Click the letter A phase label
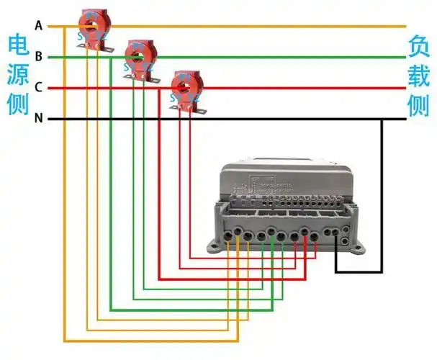click(38, 27)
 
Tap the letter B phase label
click(38, 57)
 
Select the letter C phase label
click(38, 88)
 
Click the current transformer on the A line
click(94, 27)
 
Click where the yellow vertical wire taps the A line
click(65, 27)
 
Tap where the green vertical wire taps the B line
click(110, 57)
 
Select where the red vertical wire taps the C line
click(158, 88)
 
